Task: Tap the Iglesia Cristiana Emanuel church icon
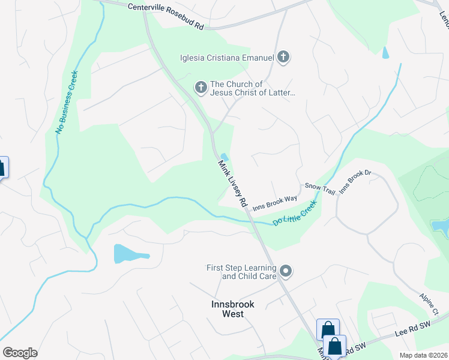283,58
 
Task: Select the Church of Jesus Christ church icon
201,88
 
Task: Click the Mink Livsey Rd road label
232,184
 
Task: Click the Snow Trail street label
319,188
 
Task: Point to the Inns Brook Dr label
356,182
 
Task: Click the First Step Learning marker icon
286,271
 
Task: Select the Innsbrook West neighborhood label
233,309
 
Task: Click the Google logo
20,352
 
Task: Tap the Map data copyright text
423,355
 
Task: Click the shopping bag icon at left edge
2,167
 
